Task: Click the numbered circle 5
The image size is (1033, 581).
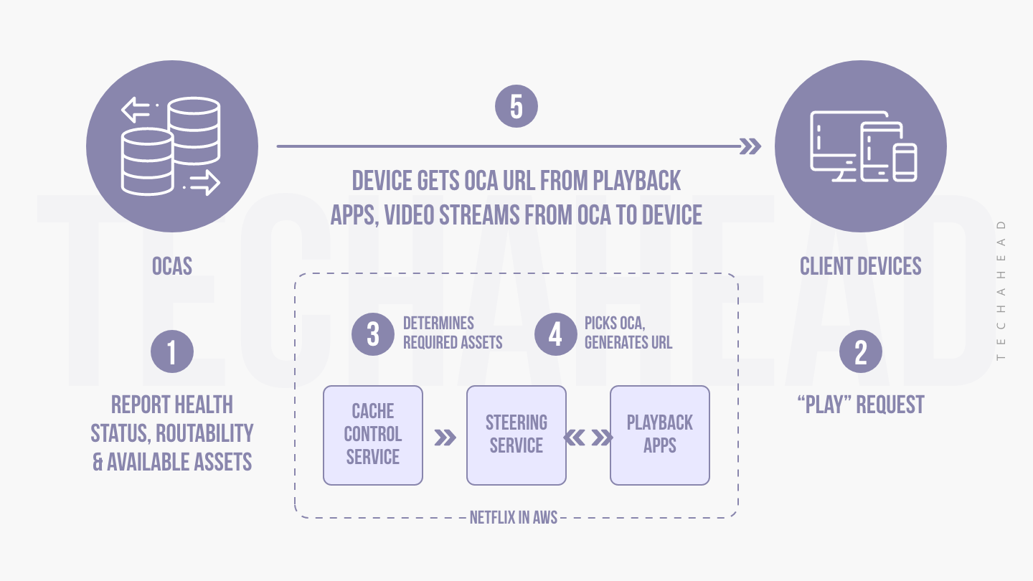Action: [516, 106]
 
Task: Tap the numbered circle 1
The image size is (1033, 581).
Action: [172, 352]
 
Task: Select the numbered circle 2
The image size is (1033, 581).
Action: [861, 352]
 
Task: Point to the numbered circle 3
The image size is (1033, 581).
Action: [373, 334]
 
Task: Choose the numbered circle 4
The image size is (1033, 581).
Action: [556, 334]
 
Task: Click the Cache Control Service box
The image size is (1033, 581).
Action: [373, 435]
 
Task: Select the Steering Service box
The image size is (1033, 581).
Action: [516, 435]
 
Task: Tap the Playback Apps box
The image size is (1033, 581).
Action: [660, 435]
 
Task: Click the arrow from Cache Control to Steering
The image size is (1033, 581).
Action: [445, 438]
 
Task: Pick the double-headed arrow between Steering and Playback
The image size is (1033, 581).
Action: [588, 438]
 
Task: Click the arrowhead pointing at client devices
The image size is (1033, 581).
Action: [750, 146]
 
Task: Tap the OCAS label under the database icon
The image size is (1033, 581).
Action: [172, 267]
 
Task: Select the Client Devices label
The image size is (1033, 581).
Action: [861, 267]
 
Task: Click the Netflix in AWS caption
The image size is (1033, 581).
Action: [514, 517]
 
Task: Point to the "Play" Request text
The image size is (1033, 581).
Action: [861, 405]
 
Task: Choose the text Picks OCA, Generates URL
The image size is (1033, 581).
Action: [628, 334]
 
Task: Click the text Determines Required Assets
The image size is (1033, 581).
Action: [453, 334]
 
